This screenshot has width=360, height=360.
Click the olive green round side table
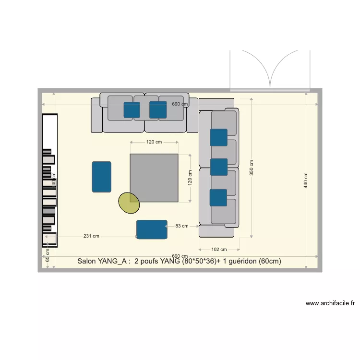(x=129, y=203)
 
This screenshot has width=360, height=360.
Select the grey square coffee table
(x=154, y=178)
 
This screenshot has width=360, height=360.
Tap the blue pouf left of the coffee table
(x=101, y=177)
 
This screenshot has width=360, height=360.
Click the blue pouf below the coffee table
(x=152, y=229)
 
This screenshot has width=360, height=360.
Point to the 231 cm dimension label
(x=91, y=236)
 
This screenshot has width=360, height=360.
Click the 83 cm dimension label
(x=181, y=225)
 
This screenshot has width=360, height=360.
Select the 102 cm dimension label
(x=219, y=250)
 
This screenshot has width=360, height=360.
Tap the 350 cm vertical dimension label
(x=252, y=168)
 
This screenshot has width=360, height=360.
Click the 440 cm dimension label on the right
(x=306, y=180)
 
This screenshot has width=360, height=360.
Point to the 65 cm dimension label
(x=48, y=255)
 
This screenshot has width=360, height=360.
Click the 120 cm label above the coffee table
(x=154, y=142)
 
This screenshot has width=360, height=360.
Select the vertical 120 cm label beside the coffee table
(x=190, y=178)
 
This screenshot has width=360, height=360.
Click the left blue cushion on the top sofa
(x=132, y=109)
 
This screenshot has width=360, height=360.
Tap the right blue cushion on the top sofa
(x=157, y=109)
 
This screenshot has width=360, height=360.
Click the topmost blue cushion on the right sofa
(x=218, y=137)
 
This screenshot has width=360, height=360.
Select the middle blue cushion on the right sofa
(x=218, y=167)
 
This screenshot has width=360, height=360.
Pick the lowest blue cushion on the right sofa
(x=218, y=197)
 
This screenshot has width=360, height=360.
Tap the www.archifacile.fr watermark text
(x=330, y=303)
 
